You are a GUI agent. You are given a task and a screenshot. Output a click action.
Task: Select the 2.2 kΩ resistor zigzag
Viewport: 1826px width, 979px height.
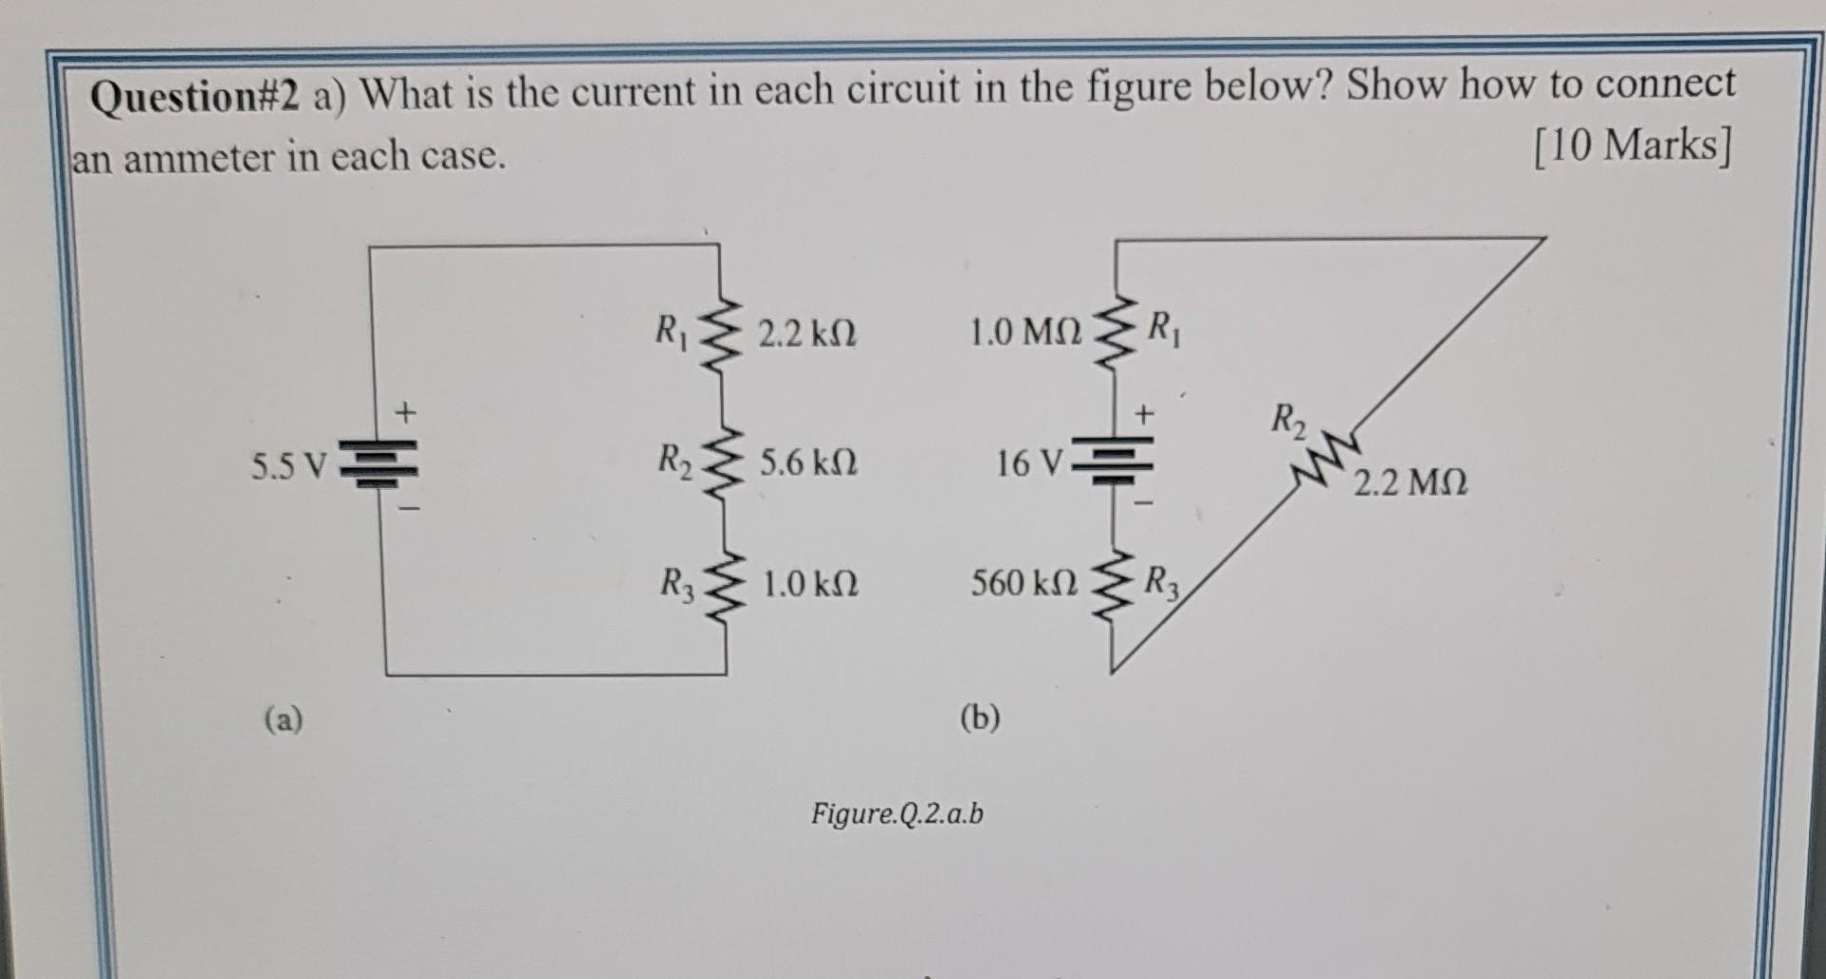(x=722, y=336)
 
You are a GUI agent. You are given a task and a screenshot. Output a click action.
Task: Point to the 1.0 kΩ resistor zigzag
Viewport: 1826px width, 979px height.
(x=726, y=582)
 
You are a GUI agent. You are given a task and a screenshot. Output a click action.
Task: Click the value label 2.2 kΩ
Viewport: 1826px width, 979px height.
(x=807, y=334)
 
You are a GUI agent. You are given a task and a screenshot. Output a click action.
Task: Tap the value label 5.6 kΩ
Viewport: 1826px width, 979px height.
(x=808, y=463)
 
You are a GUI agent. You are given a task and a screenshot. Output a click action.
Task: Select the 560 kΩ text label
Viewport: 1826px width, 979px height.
(x=1023, y=582)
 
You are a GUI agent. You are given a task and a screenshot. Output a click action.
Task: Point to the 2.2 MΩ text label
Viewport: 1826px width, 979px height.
(x=1409, y=483)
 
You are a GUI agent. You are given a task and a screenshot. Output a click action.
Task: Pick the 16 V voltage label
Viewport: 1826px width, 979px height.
(x=1030, y=463)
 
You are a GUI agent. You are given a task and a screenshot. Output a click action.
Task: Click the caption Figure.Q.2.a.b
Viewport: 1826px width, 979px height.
(x=897, y=813)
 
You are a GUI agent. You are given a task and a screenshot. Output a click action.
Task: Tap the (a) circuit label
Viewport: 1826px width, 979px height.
(x=283, y=718)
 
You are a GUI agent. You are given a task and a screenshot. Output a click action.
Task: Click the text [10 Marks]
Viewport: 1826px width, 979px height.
(x=1632, y=146)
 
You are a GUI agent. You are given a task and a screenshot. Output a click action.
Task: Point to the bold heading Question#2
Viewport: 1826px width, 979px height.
(x=195, y=96)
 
